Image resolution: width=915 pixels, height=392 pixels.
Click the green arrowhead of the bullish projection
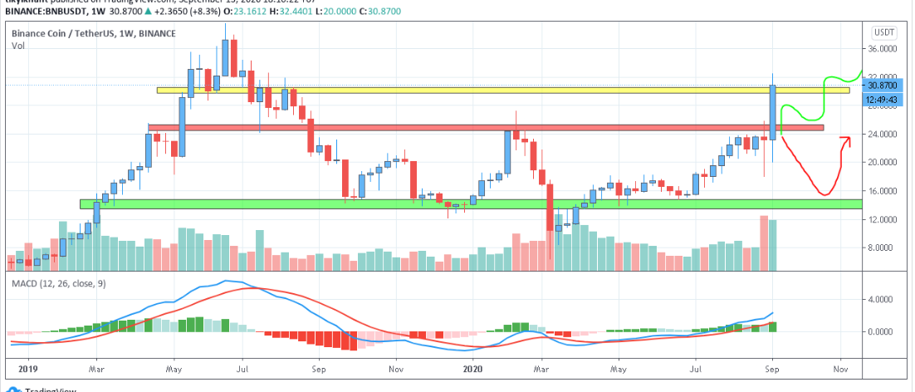pyautogui.click(x=860, y=71)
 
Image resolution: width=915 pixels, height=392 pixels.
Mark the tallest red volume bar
pyautogui.click(x=764, y=243)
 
